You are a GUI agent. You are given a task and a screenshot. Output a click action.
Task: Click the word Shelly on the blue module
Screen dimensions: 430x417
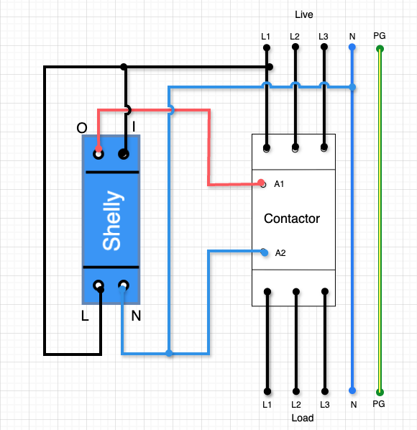[111, 220]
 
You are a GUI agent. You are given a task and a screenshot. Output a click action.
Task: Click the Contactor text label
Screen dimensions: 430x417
[292, 219]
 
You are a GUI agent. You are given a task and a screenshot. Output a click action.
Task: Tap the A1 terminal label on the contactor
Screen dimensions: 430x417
[280, 184]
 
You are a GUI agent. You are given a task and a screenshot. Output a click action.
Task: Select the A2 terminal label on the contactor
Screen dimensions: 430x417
[280, 252]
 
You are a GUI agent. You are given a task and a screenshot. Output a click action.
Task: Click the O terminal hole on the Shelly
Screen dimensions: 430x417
[98, 153]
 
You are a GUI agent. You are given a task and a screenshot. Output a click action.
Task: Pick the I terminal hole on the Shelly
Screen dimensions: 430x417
[124, 153]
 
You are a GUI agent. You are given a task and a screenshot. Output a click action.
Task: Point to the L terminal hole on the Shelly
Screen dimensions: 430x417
[98, 285]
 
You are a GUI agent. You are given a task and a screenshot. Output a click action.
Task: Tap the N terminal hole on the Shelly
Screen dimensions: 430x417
[124, 285]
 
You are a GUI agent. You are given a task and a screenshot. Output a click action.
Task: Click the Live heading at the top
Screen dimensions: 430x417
[304, 14]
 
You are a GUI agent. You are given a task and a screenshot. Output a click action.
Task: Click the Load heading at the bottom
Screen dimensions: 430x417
[303, 418]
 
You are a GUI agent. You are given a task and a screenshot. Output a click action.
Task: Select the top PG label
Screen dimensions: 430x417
[380, 35]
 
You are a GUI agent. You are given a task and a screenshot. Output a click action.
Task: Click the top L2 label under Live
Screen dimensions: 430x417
[295, 35]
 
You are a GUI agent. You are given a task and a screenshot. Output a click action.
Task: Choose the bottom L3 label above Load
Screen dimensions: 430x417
[324, 406]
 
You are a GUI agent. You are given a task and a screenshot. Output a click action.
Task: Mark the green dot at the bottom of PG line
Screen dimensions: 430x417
[380, 392]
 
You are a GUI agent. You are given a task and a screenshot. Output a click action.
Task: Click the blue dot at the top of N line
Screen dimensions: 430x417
[352, 48]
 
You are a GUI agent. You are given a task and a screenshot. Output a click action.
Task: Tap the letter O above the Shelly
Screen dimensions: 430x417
[83, 128]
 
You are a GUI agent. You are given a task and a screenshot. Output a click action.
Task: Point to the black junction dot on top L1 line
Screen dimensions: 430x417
[270, 67]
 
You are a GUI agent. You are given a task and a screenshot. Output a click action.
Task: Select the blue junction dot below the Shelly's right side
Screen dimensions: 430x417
[169, 353]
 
